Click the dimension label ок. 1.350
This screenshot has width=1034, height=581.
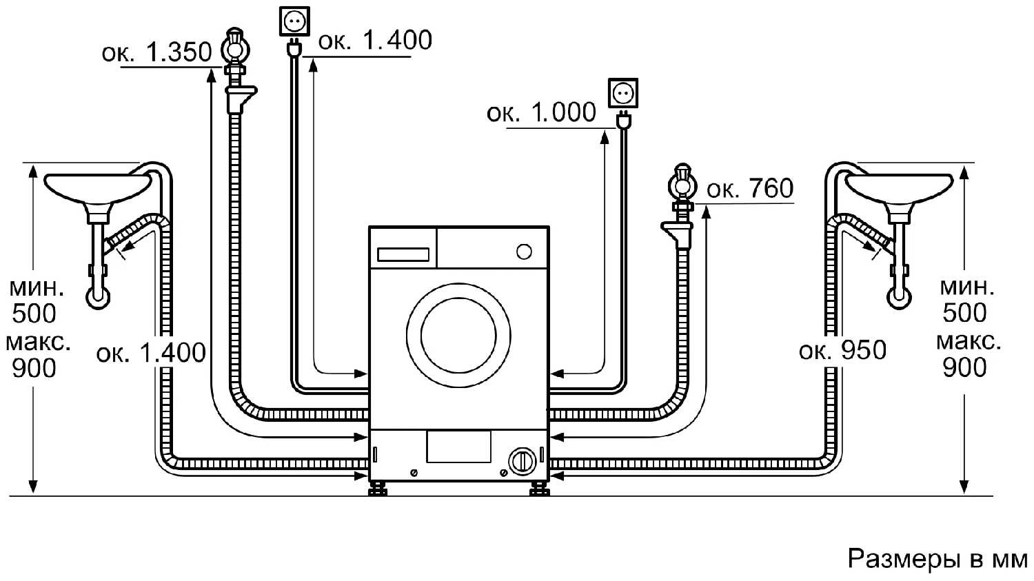click(156, 52)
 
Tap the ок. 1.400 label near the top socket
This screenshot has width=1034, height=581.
click(375, 41)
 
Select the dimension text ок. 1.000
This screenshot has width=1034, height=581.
click(541, 112)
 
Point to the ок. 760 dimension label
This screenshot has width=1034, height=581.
click(750, 188)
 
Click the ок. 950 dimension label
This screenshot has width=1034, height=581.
click(842, 350)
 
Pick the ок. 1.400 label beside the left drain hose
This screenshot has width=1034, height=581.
click(151, 353)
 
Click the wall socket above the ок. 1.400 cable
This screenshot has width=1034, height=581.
click(294, 22)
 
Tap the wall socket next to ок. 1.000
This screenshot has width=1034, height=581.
click(623, 93)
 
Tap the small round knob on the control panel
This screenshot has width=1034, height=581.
click(524, 252)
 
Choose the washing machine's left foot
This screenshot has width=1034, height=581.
click(377, 489)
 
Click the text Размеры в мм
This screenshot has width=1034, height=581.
click(937, 559)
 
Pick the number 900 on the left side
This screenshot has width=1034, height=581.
click(34, 369)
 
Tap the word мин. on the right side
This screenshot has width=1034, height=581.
click(967, 286)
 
